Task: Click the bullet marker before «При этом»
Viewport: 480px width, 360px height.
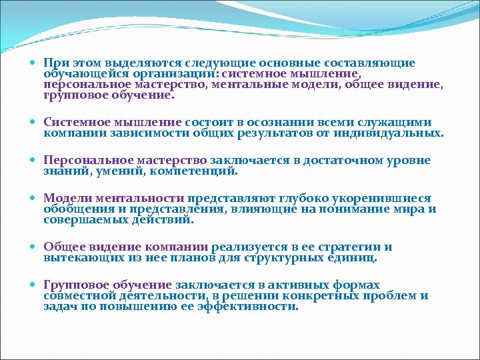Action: [35, 64]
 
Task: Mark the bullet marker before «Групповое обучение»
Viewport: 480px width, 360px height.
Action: [35, 285]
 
